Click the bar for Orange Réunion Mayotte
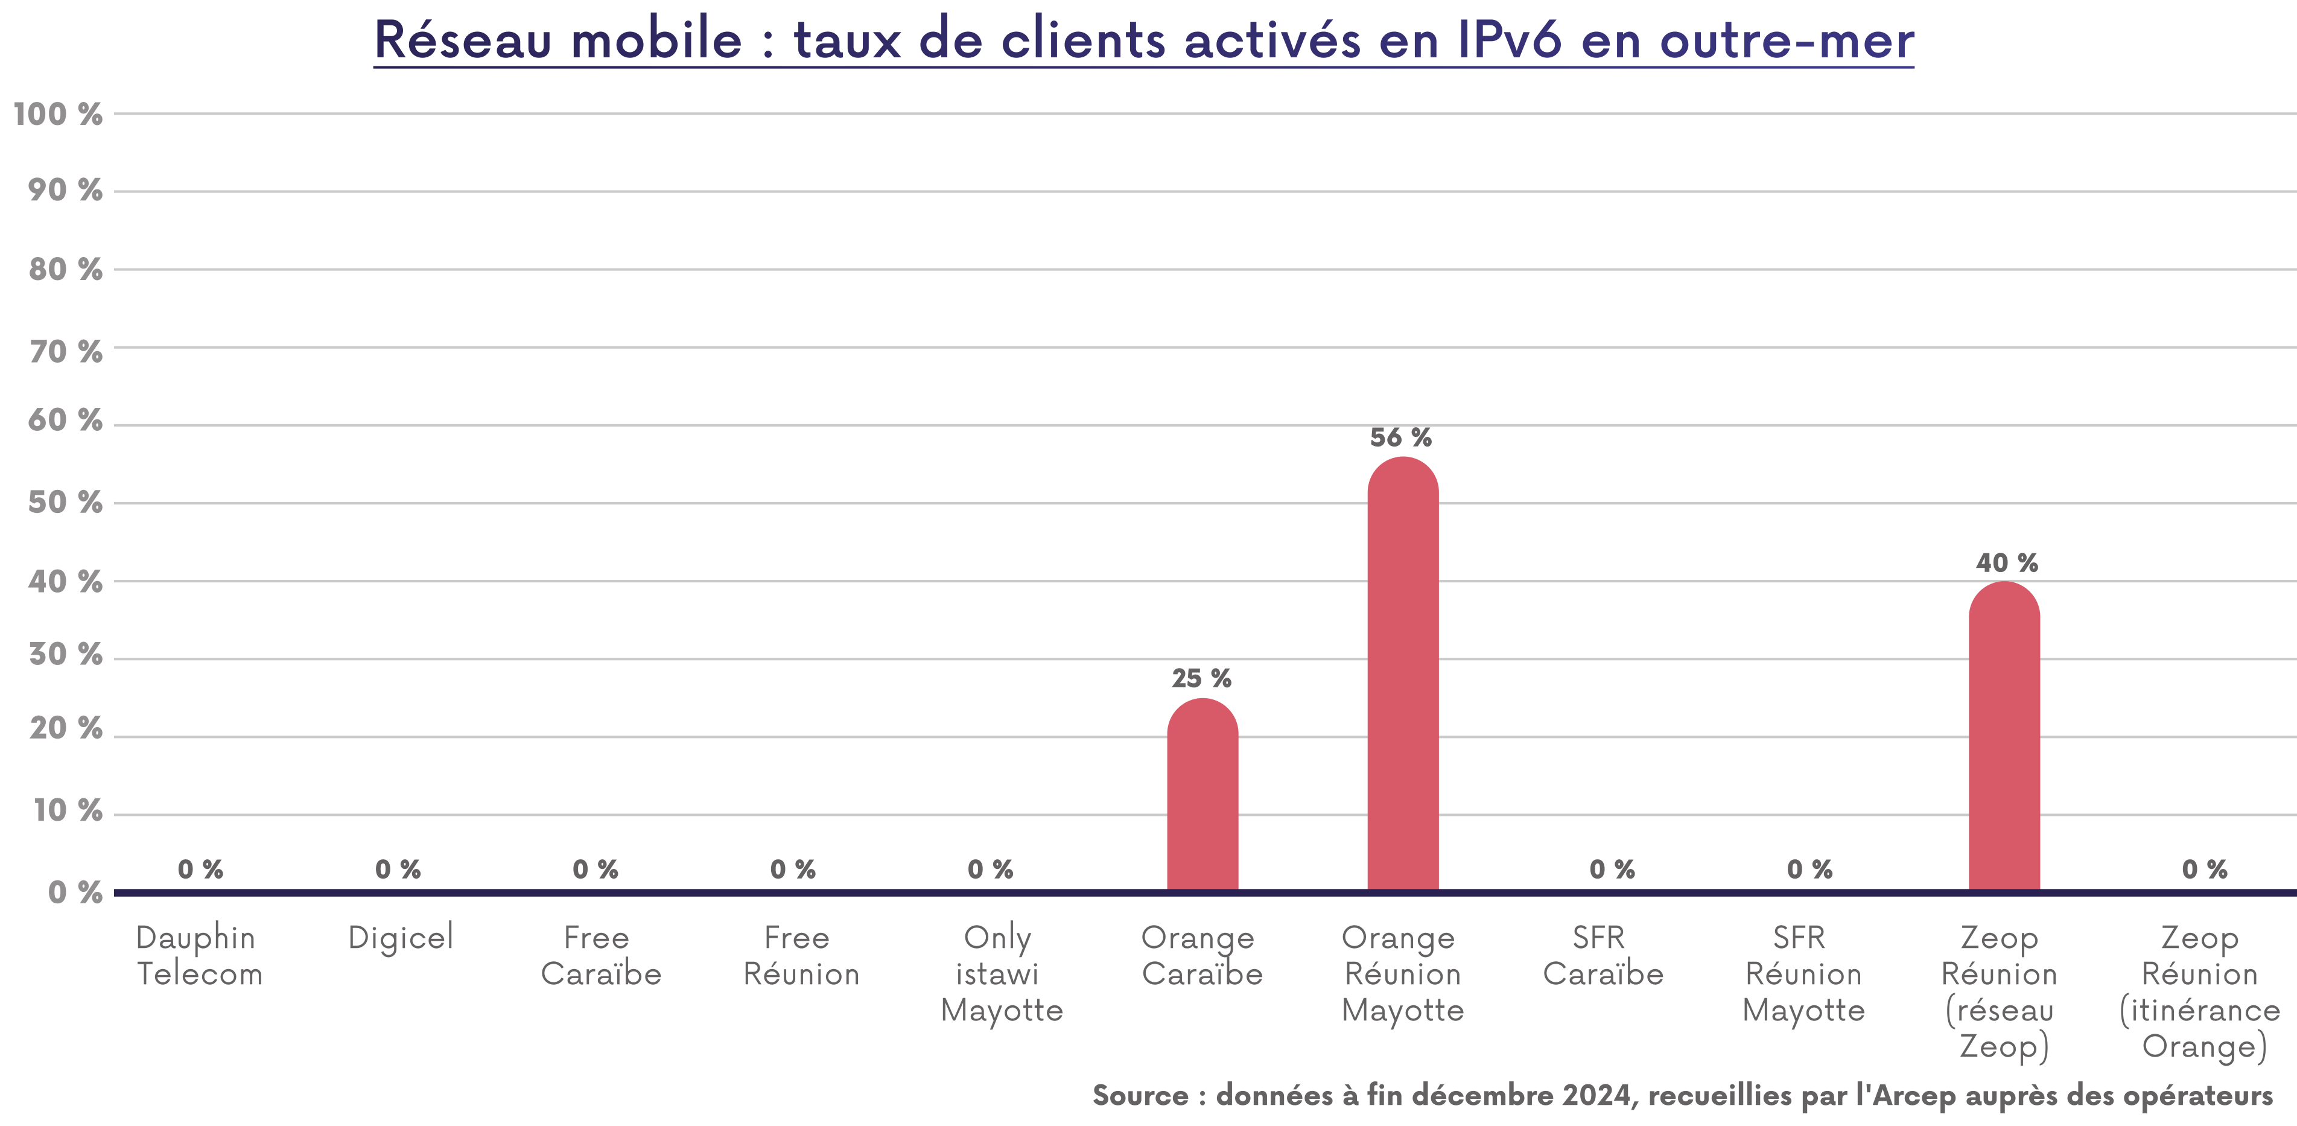click(x=1403, y=678)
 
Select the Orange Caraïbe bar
click(x=1202, y=798)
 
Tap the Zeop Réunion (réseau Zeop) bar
click(x=2004, y=740)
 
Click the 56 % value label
click(x=1401, y=437)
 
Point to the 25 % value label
click(x=1201, y=678)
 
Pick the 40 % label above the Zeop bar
click(x=2006, y=562)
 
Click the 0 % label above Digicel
click(x=398, y=869)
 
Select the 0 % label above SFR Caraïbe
click(x=1612, y=869)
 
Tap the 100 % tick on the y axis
click(x=58, y=114)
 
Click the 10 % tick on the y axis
click(x=68, y=810)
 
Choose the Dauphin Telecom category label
click(x=198, y=956)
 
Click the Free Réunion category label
click(x=800, y=956)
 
